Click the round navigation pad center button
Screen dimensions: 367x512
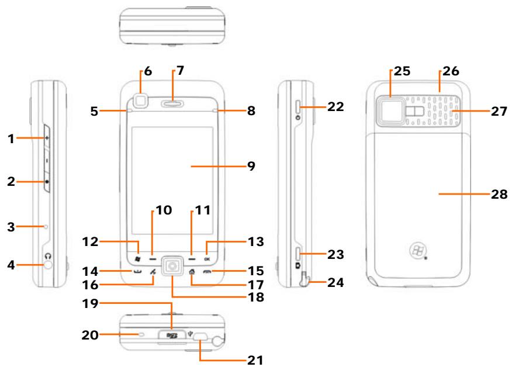tap(172, 267)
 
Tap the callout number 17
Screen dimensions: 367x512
tap(255, 286)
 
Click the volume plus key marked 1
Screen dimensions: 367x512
tap(47, 139)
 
